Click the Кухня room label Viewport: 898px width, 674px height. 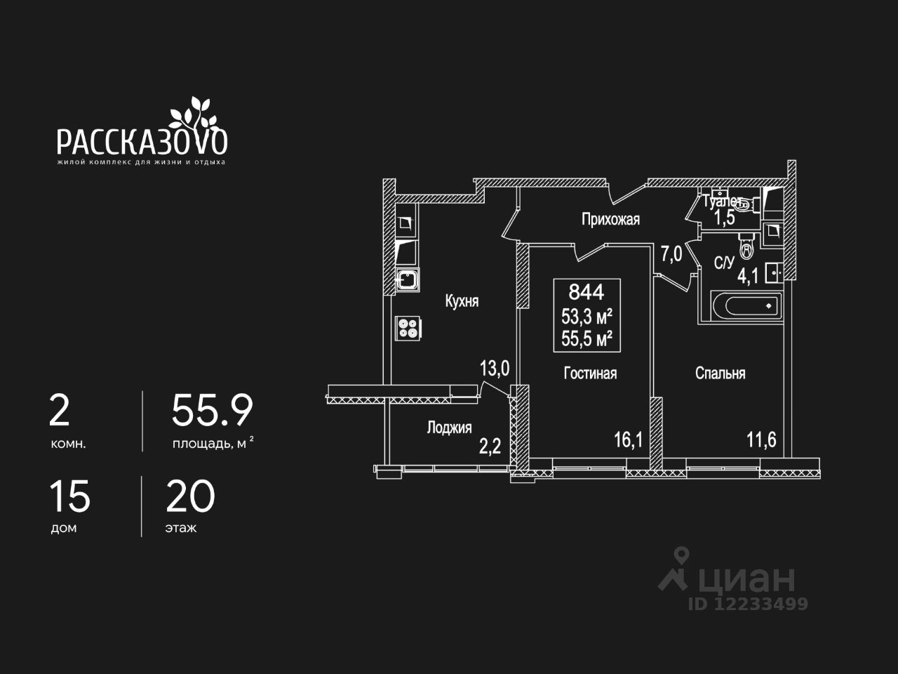[x=462, y=301]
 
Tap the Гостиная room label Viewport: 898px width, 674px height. [x=590, y=374]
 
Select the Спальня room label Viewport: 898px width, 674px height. [x=720, y=374]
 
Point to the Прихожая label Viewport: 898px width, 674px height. [x=610, y=220]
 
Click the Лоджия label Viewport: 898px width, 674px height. [x=449, y=428]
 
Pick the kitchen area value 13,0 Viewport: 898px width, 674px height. [x=495, y=369]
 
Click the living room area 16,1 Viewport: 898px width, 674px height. [x=628, y=440]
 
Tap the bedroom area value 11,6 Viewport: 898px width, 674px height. [x=761, y=440]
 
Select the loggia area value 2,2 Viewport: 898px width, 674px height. [x=490, y=447]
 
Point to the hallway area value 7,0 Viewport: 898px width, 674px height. [x=671, y=255]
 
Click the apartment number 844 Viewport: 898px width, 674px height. [x=587, y=292]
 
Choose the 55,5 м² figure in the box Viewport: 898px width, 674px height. [x=587, y=339]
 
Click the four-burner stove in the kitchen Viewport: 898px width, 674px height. [x=408, y=328]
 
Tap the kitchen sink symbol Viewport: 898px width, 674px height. [x=408, y=279]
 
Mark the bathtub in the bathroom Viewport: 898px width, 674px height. [x=746, y=305]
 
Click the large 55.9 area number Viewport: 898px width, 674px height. [x=213, y=411]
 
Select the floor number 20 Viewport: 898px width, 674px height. [x=190, y=496]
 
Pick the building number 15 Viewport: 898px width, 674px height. [x=69, y=496]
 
